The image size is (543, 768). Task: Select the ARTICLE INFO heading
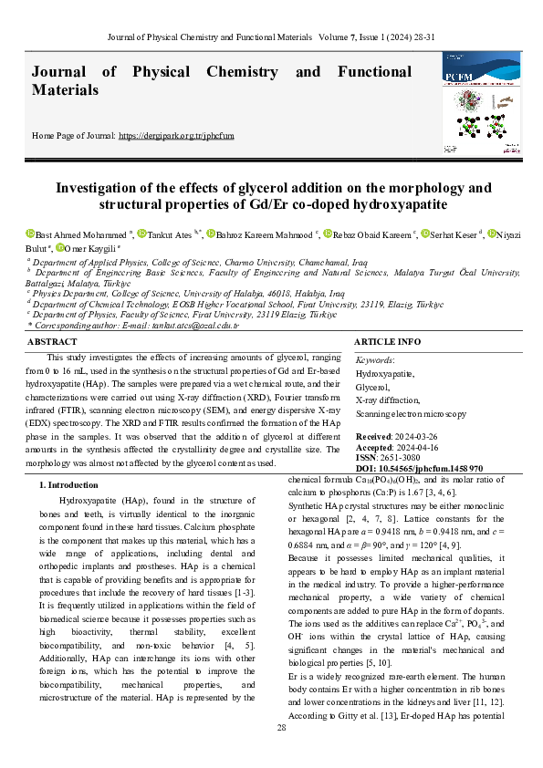387,341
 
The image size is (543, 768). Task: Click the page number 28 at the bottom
282,727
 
